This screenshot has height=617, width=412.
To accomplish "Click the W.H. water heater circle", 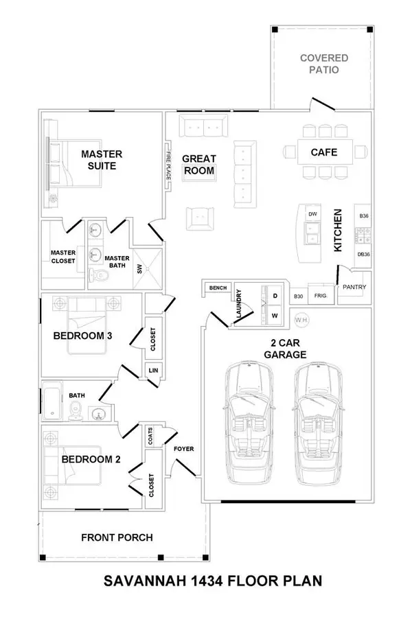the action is click(301, 320).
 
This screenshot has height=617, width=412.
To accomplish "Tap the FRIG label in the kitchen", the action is click(320, 296).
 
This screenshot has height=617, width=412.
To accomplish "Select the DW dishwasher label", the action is click(312, 214).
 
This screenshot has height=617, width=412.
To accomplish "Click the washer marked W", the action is click(275, 315).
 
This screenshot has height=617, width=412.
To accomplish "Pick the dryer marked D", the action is click(275, 296).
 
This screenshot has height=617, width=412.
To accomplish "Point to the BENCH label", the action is click(218, 288).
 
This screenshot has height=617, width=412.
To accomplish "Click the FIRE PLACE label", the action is click(168, 165).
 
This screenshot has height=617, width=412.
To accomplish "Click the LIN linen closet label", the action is click(153, 371).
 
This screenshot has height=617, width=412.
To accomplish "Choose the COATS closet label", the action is click(150, 436).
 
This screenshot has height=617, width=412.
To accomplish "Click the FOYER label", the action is click(183, 449).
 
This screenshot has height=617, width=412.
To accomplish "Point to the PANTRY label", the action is click(354, 287).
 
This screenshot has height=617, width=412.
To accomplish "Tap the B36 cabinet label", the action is click(364, 216).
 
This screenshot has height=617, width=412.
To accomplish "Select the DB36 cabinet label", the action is click(363, 254).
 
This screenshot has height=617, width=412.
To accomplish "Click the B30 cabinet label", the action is click(299, 296).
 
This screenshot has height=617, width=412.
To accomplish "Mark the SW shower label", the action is click(139, 269).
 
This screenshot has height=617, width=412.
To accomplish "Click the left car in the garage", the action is click(249, 423).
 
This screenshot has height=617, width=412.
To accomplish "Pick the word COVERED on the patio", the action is click(324, 58).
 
